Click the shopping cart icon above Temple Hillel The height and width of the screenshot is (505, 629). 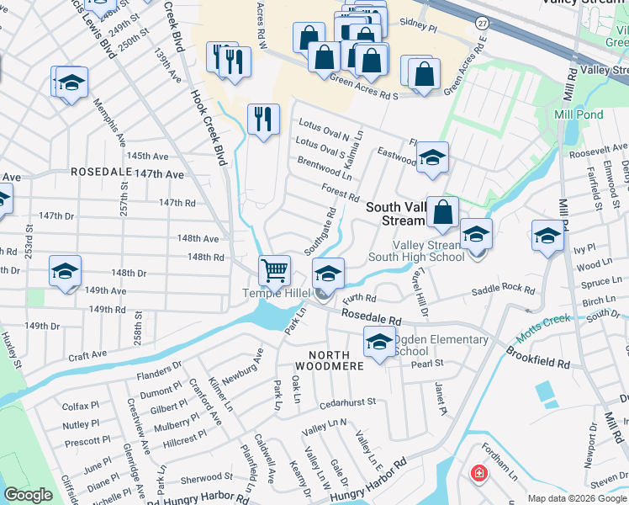tap(274, 271)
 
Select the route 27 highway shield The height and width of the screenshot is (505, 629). tap(480, 20)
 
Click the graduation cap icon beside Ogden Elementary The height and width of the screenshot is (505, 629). tap(379, 342)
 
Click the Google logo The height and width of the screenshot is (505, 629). tap(28, 495)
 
